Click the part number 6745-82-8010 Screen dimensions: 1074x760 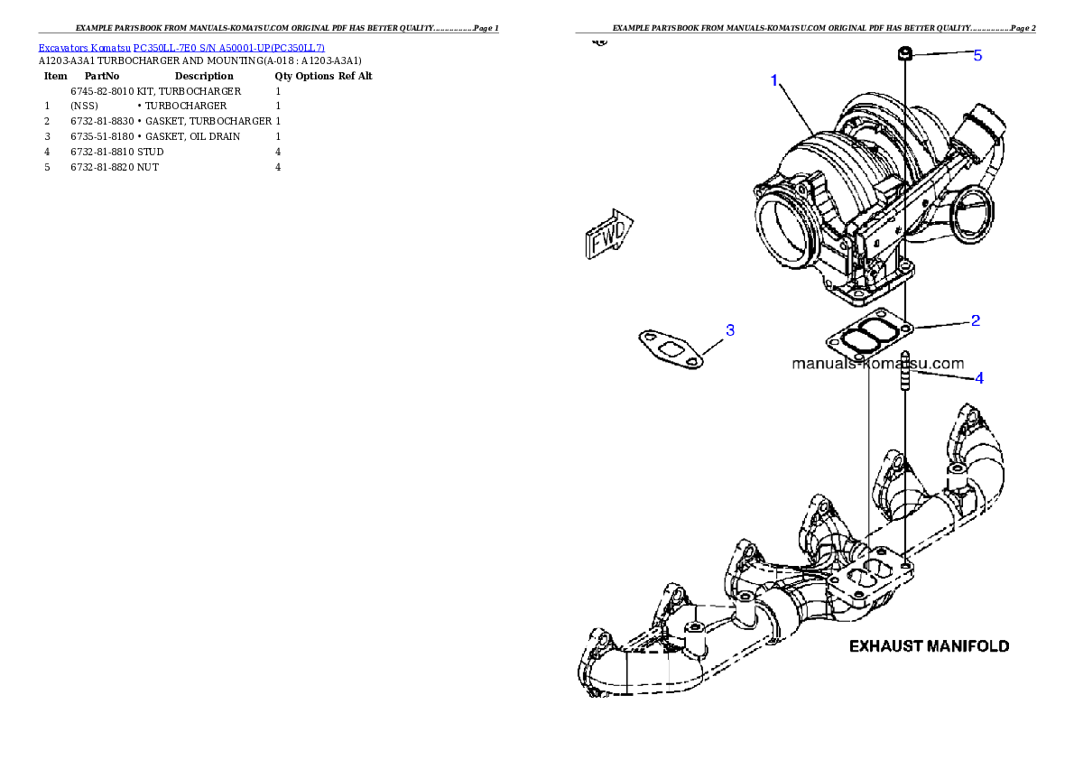tap(102, 91)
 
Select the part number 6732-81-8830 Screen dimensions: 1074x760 tap(102, 121)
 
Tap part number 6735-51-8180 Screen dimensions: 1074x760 tap(102, 136)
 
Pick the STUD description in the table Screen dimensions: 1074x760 tap(150, 153)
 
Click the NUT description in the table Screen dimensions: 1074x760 tap(148, 167)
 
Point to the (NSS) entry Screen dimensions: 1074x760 tap(84, 107)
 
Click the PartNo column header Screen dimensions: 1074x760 tap(102, 76)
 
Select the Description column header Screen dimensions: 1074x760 tap(204, 76)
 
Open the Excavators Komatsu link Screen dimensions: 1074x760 tap(84, 48)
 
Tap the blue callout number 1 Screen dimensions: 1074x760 tap(774, 81)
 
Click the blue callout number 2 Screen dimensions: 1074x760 tap(976, 320)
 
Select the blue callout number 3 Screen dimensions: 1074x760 tap(730, 330)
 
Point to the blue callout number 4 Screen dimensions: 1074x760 tap(979, 378)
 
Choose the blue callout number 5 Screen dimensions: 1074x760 tap(977, 55)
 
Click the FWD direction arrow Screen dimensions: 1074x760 tap(609, 234)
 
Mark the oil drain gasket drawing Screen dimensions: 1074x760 tap(671, 348)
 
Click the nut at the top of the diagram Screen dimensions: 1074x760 tap(905, 52)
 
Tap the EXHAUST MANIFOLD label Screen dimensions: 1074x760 tap(929, 646)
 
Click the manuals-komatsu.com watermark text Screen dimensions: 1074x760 tap(877, 364)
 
